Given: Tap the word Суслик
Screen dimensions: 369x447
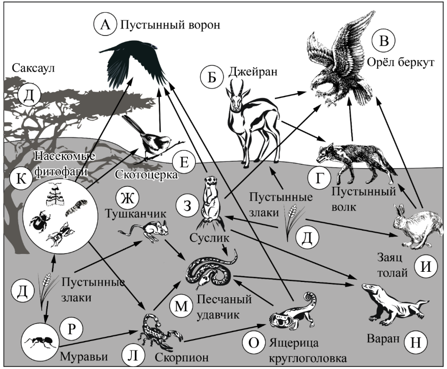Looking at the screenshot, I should point(209,237).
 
